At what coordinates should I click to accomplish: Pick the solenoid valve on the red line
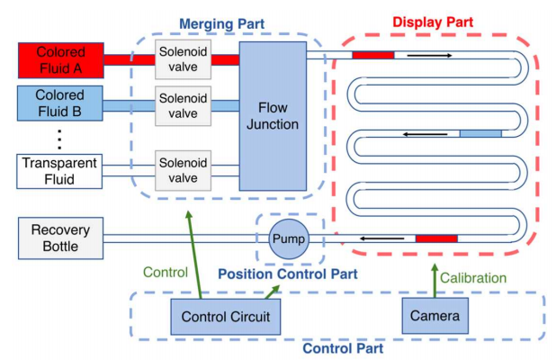click(x=184, y=59)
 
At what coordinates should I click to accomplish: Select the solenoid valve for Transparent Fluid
click(x=184, y=171)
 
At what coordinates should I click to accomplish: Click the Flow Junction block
click(x=272, y=115)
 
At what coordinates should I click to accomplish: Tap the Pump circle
click(x=289, y=239)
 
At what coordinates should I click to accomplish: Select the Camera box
click(x=435, y=316)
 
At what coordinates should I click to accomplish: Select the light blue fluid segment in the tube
click(x=480, y=134)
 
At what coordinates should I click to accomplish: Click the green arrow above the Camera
click(x=436, y=276)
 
